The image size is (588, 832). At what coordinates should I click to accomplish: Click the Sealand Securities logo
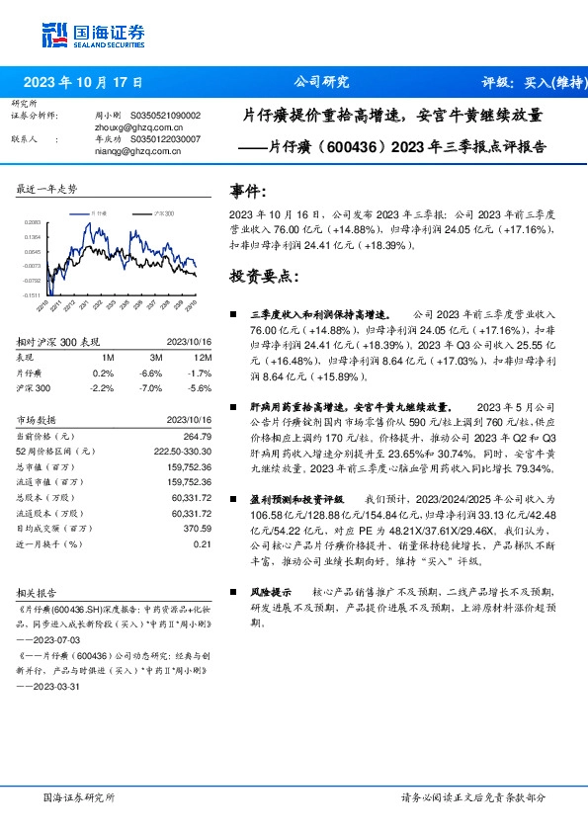click(88, 36)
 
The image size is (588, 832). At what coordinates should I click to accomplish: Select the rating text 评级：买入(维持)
click(529, 82)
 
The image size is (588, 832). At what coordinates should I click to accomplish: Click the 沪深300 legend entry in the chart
click(163, 213)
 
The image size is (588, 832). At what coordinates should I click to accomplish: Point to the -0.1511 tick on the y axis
click(34, 294)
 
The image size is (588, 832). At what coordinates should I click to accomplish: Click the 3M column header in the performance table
click(156, 357)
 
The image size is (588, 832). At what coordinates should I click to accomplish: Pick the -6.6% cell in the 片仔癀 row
click(150, 373)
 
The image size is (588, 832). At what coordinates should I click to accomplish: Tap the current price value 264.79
click(199, 436)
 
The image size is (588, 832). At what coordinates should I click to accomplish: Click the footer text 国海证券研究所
click(79, 796)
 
